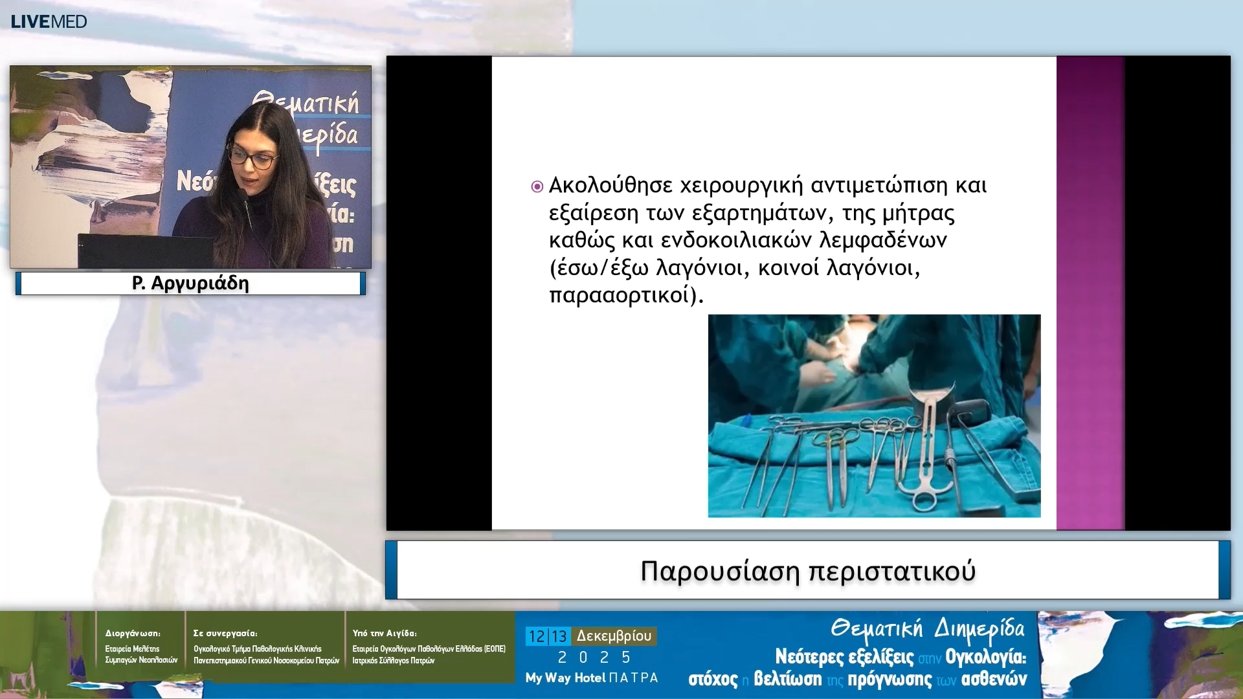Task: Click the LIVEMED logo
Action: click(49, 21)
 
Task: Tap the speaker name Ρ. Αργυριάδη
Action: click(190, 283)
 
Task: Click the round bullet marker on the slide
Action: click(537, 187)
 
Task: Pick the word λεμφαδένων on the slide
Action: click(883, 240)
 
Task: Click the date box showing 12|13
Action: click(548, 636)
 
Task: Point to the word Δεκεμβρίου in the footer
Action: click(614, 636)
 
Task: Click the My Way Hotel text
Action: click(565, 678)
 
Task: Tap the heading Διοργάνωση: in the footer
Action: click(133, 633)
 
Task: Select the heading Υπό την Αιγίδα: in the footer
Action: click(385, 633)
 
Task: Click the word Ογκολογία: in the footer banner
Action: click(985, 657)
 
